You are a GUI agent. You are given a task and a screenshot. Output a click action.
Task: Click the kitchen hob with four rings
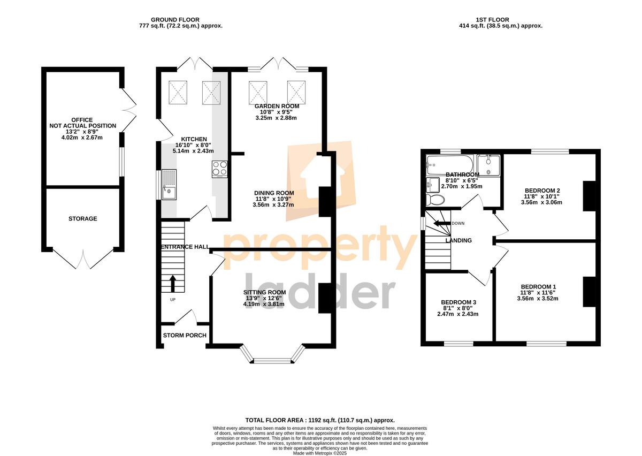(x=220, y=169)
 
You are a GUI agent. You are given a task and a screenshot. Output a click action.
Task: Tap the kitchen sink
(x=169, y=185)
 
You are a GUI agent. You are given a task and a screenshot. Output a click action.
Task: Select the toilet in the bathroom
(x=435, y=199)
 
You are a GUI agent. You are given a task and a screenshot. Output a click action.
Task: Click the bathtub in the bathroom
(x=450, y=165)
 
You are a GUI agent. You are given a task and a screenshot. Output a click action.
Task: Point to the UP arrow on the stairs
(x=172, y=283)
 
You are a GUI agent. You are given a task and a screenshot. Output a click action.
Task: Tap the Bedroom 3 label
(x=458, y=302)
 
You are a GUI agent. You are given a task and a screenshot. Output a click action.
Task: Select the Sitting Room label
(x=264, y=292)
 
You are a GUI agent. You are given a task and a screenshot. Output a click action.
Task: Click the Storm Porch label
(x=185, y=335)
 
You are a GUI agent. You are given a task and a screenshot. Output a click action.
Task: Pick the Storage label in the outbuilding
(x=82, y=218)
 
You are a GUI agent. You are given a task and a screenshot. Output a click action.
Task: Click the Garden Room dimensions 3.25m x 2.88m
(x=276, y=118)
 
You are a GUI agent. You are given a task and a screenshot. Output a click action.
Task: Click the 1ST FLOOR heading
(x=492, y=20)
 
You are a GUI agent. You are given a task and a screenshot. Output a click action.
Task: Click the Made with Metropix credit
(x=320, y=453)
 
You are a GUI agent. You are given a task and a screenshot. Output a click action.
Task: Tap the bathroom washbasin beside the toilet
(x=433, y=185)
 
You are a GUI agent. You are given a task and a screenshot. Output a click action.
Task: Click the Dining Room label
(x=274, y=193)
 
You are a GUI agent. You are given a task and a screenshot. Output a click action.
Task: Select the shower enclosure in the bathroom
(x=488, y=165)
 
